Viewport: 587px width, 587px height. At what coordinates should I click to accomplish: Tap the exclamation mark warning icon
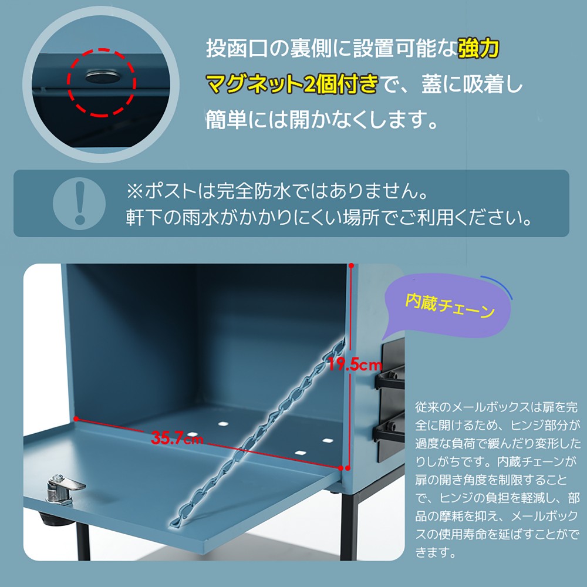[x=79, y=204]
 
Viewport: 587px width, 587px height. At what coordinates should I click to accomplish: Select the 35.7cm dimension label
[x=177, y=438]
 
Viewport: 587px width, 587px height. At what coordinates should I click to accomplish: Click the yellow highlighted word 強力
[x=479, y=49]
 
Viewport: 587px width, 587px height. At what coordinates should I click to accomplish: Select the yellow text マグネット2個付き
[x=291, y=84]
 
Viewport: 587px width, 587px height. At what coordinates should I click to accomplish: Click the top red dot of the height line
[x=351, y=266]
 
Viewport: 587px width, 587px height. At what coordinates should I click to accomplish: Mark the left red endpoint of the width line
[x=76, y=419]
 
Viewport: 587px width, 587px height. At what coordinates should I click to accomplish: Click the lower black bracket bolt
[x=391, y=426]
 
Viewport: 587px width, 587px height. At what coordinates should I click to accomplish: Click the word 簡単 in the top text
[x=226, y=119]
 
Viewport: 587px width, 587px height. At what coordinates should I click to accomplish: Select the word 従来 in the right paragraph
[x=424, y=407]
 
